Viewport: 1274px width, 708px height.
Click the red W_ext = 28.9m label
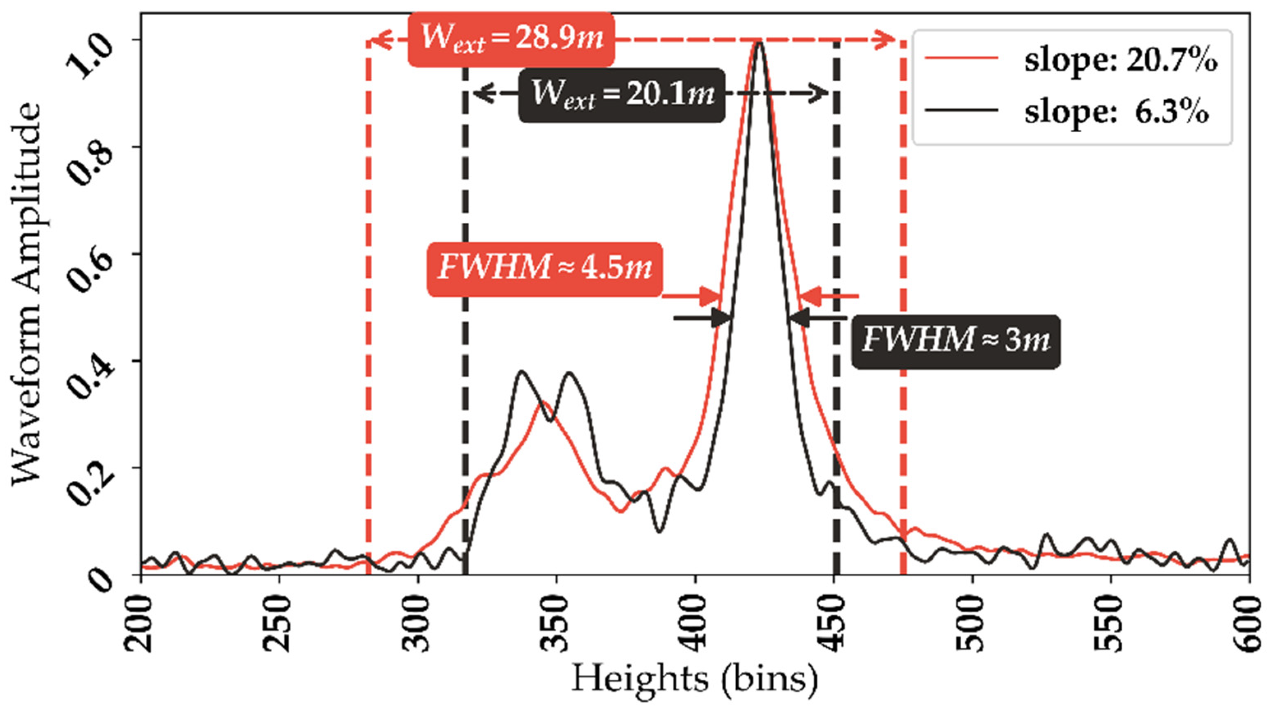(511, 39)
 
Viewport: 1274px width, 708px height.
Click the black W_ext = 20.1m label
(621, 95)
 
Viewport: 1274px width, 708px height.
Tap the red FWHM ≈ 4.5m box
(544, 269)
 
